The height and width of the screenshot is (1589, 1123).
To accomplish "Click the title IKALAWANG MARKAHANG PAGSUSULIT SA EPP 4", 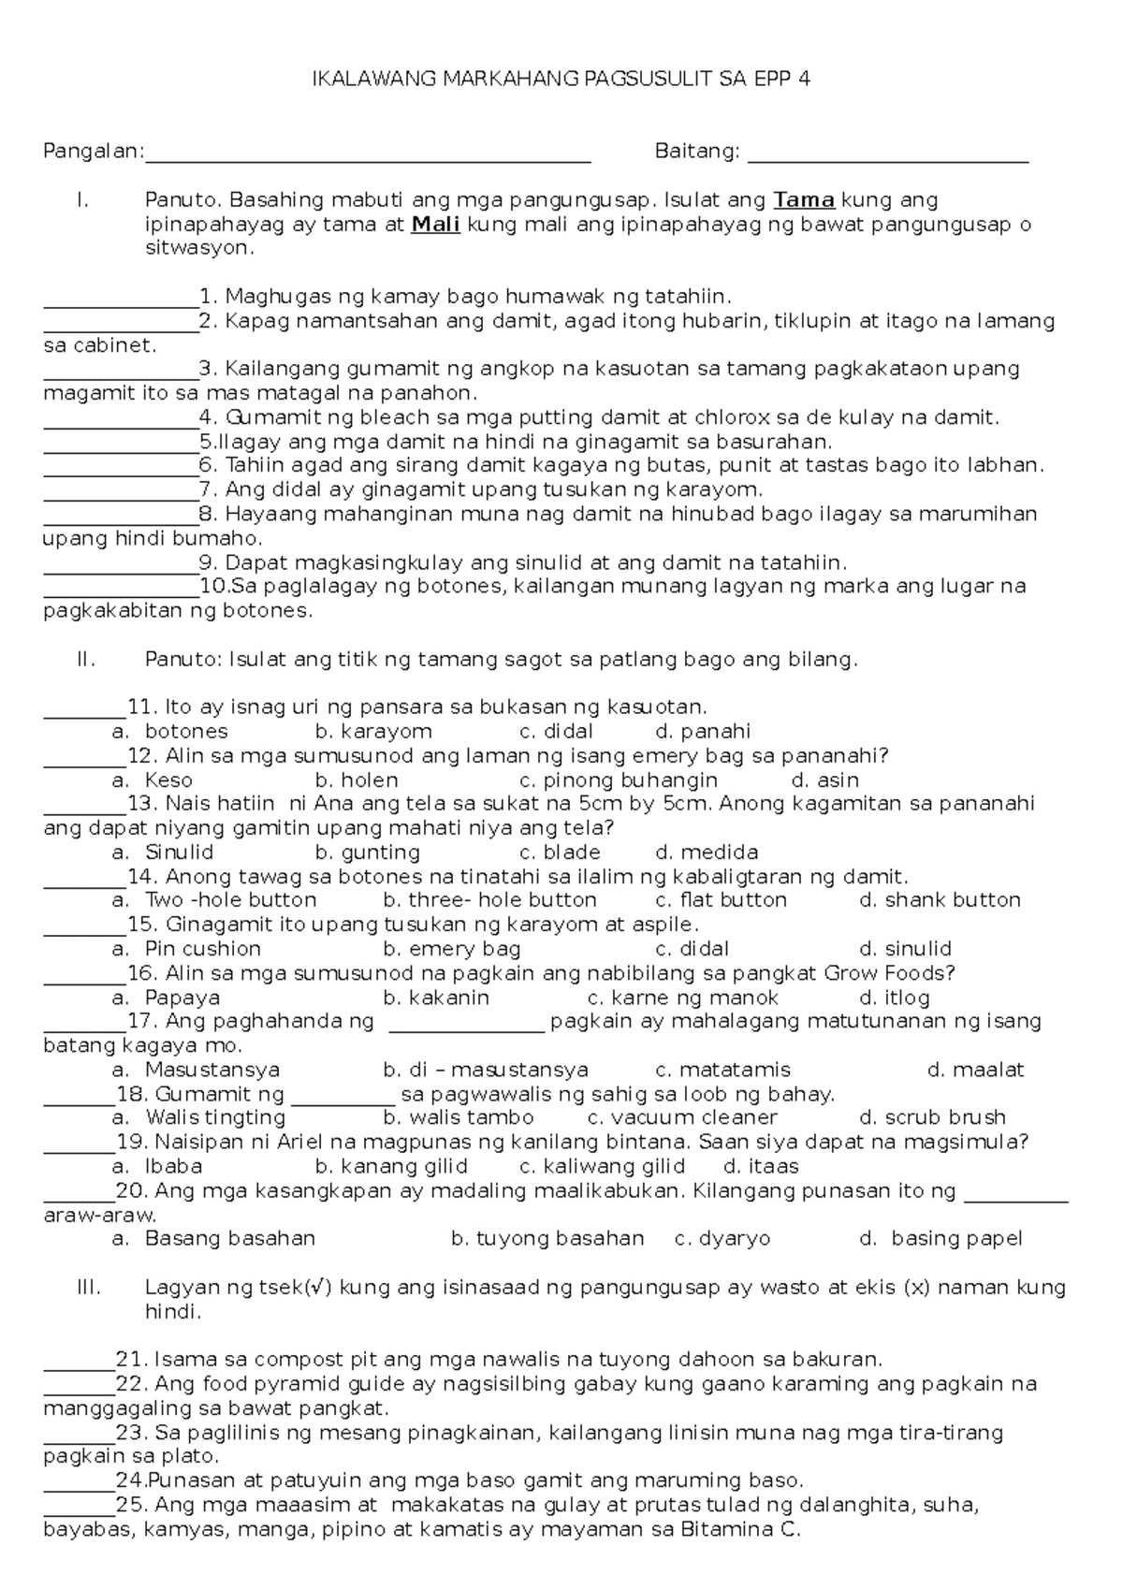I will (561, 80).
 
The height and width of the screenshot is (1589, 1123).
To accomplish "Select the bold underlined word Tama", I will (804, 200).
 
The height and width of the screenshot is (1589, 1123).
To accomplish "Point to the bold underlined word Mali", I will (435, 225).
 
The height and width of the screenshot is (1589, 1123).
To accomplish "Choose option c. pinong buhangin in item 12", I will (618, 780).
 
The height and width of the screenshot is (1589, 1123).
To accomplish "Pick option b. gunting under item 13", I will (368, 853).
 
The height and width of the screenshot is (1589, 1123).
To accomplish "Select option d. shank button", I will (940, 900).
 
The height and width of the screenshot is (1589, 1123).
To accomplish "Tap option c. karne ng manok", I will (682, 998).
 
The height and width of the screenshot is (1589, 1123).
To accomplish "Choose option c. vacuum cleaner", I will (682, 1117).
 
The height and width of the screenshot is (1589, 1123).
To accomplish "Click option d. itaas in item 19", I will (761, 1166).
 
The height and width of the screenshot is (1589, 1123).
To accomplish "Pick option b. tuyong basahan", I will (547, 1239).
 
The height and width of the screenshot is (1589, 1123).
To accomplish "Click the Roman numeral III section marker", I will (88, 1288).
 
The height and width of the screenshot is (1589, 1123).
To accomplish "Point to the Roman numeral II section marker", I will (85, 660).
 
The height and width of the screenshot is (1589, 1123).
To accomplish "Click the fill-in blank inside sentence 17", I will (465, 1029).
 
